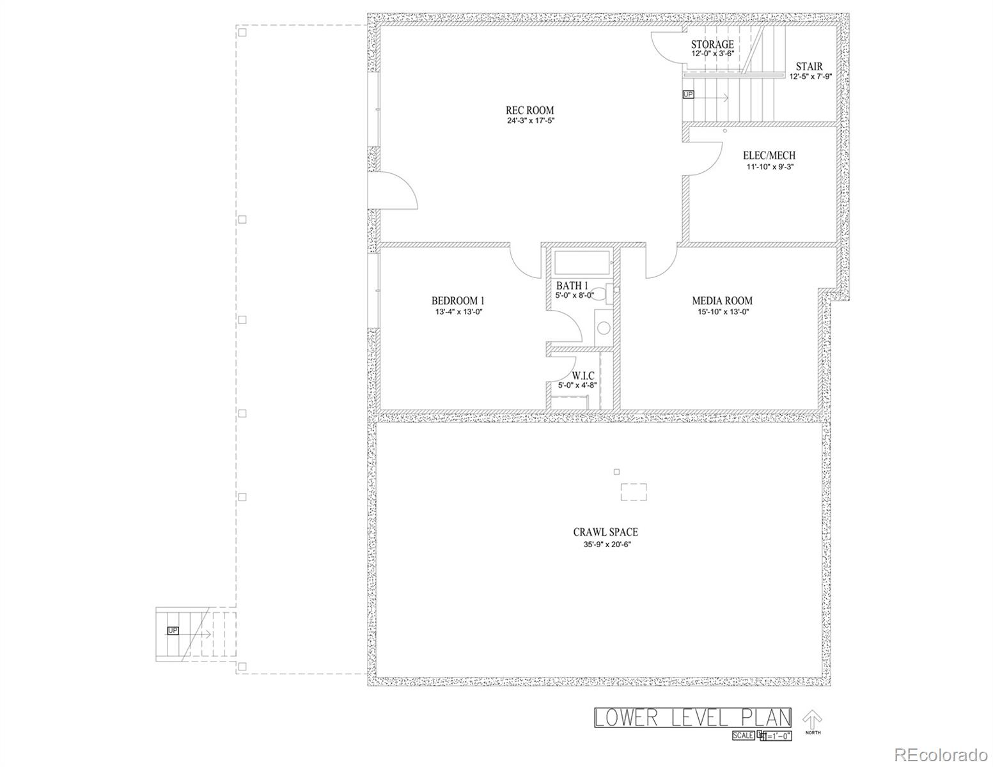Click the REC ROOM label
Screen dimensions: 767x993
[x=529, y=110]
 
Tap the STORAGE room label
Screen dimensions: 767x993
[x=712, y=44]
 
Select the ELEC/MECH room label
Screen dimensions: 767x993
[x=769, y=155]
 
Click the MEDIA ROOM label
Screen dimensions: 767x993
[x=722, y=300]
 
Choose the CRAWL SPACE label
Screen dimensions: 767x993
[x=605, y=532]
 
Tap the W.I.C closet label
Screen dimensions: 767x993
[x=583, y=376]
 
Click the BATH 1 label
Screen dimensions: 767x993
[x=572, y=285]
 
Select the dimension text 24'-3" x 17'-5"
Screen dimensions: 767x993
[x=529, y=121]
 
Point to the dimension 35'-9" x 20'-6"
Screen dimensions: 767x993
[x=605, y=544]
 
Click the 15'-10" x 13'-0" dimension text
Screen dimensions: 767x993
[x=722, y=312]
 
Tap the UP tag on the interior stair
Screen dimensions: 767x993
[x=688, y=95]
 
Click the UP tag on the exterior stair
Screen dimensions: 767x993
[x=173, y=631]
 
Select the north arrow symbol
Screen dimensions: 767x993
[x=812, y=719]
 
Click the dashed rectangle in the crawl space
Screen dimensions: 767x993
[x=634, y=492]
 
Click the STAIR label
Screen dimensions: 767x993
[x=809, y=66]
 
